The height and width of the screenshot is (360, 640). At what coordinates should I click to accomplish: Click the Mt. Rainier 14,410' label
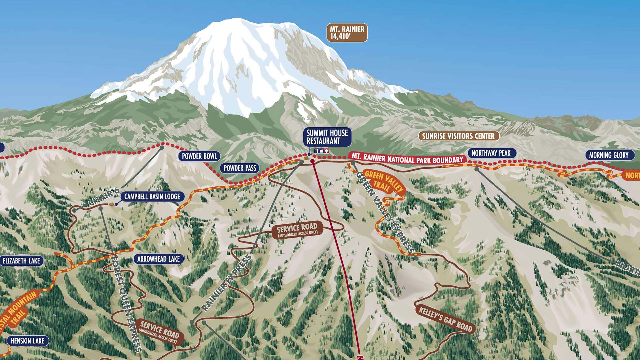pyautogui.click(x=347, y=33)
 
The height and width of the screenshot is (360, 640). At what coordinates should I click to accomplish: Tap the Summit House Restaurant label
pyautogui.click(x=327, y=137)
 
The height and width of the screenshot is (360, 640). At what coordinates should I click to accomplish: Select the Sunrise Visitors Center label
pyautogui.click(x=458, y=136)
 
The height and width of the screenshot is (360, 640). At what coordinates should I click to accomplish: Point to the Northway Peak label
pyautogui.click(x=491, y=153)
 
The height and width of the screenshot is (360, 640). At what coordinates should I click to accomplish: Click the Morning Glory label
pyautogui.click(x=609, y=155)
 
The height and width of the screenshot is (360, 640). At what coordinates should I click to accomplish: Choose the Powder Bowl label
pyautogui.click(x=199, y=156)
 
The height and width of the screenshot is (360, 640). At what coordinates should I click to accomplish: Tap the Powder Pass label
pyautogui.click(x=240, y=168)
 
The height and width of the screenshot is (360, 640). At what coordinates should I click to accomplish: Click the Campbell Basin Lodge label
pyautogui.click(x=152, y=197)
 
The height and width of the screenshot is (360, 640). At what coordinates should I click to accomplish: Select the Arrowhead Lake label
pyautogui.click(x=158, y=259)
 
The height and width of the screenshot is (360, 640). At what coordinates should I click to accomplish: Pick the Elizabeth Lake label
pyautogui.click(x=21, y=261)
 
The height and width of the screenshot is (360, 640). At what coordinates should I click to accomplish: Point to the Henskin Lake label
pyautogui.click(x=27, y=341)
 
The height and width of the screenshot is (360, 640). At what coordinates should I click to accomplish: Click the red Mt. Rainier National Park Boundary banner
pyautogui.click(x=407, y=159)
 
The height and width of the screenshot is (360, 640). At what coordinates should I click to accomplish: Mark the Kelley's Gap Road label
pyautogui.click(x=445, y=319)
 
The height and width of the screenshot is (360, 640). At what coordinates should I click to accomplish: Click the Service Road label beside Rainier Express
pyautogui.click(x=297, y=230)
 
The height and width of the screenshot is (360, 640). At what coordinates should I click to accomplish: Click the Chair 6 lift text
pyautogui.click(x=104, y=197)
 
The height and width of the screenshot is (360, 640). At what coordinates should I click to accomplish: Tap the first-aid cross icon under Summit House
pyautogui.click(x=327, y=151)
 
